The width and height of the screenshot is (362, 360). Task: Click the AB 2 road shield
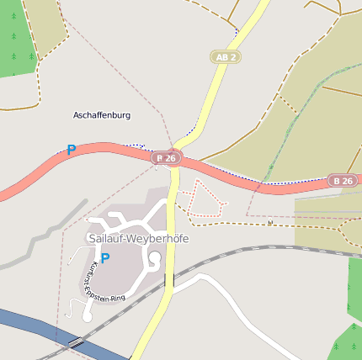click(x=225, y=57)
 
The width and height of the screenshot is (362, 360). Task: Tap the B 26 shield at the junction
click(x=167, y=157)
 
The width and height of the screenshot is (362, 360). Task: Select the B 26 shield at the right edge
click(x=343, y=181)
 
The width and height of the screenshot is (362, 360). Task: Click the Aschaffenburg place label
click(x=102, y=115)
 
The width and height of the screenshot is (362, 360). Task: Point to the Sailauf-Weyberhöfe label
click(x=138, y=239)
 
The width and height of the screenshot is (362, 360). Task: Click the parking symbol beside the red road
click(x=71, y=151)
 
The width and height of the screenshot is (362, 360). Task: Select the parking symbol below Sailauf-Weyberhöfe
click(x=104, y=258)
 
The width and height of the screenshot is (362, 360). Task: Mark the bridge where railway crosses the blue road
click(x=76, y=342)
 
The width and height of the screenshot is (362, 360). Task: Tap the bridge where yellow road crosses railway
click(x=169, y=279)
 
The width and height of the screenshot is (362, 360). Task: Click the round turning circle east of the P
click(x=156, y=260)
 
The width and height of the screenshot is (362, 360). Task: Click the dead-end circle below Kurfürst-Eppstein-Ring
click(x=87, y=316)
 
